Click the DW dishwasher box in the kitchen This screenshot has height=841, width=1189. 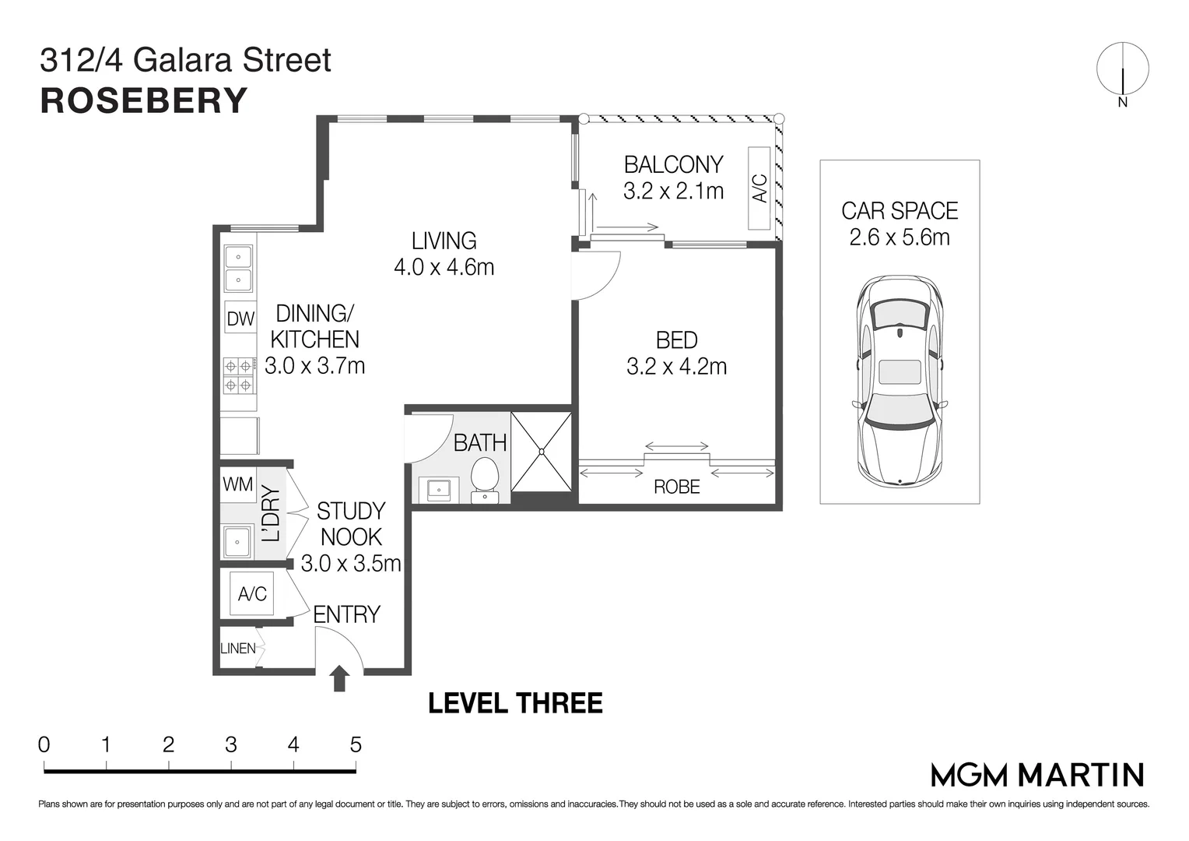pos(240,318)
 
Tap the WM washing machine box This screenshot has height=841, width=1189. pos(237,484)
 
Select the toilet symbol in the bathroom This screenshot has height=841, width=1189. pos(485,477)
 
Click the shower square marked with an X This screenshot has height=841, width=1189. pos(542,452)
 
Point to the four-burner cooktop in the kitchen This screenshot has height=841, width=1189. pos(239,375)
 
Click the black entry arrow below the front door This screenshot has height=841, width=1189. pos(339,678)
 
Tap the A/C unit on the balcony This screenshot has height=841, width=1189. pos(759,188)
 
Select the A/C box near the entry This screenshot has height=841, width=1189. pos(252,594)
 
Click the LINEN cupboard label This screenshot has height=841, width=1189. pos(237,648)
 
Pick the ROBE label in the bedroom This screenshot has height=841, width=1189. pos(676,487)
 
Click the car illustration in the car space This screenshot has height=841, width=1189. pos(900,379)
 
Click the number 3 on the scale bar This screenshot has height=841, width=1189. pos(230,745)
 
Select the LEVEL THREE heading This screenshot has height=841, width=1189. pos(515,703)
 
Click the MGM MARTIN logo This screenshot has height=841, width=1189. pos(1037,775)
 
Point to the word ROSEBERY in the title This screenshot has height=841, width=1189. pos(144,101)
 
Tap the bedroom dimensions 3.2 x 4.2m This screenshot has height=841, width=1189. pos(676,366)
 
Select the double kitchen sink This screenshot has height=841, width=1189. pos(238,268)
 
